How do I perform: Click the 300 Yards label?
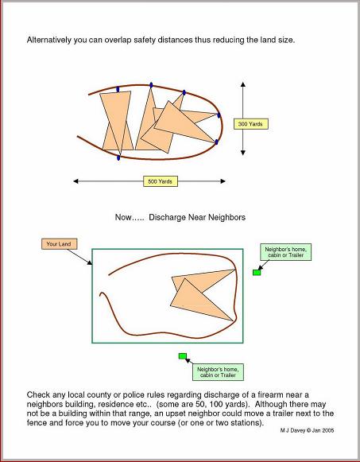tap(251, 124)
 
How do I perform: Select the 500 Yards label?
tap(161, 181)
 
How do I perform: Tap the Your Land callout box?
tap(59, 244)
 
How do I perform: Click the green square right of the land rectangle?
tap(257, 273)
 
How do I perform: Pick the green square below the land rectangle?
tap(183, 356)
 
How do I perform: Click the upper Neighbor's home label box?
tap(285, 252)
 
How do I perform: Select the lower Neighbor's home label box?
tap(218, 372)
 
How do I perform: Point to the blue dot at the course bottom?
tap(118, 157)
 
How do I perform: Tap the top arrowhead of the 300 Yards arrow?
tap(243, 84)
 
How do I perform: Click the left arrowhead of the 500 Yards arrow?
tap(75, 181)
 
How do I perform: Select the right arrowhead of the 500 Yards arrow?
tap(223, 181)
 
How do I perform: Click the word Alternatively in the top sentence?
tap(49, 40)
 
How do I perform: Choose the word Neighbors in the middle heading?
tap(226, 217)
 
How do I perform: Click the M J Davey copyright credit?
tap(307, 430)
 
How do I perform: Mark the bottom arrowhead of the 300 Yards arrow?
tap(243, 153)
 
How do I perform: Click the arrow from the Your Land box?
tap(79, 257)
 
